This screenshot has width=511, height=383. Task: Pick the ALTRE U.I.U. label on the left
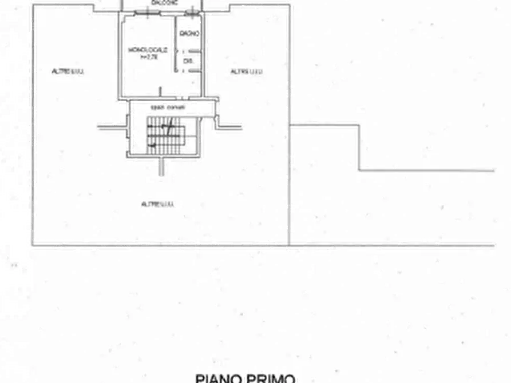point(68,71)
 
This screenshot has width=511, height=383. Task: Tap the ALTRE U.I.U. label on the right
point(247,71)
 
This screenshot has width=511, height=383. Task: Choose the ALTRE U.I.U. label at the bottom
point(158,204)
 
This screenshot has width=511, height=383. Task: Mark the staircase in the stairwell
point(165,135)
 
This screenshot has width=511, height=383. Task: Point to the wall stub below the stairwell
point(160,166)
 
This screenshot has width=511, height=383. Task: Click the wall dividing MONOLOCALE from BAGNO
point(175,43)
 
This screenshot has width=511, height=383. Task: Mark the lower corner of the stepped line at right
point(359,170)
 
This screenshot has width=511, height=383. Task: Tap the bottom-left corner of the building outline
point(33,246)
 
